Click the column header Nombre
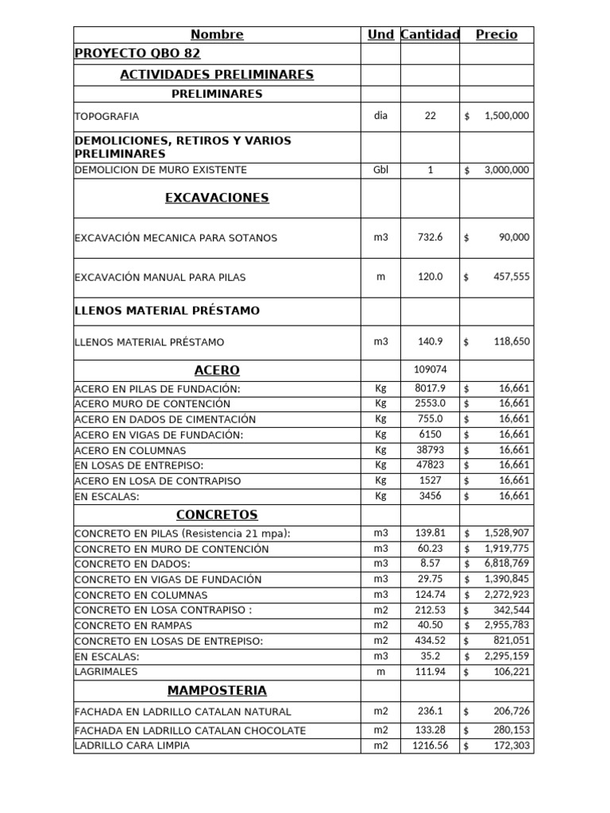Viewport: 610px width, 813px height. [217, 34]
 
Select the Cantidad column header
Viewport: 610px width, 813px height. [430, 34]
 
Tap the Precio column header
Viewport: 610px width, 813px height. [496, 34]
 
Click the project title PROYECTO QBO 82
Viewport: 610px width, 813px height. [137, 53]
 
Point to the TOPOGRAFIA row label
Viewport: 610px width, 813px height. [106, 116]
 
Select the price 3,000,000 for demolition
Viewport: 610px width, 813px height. [506, 170]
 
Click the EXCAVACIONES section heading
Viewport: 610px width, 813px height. [217, 198]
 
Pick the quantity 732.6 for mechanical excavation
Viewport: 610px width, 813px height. [430, 237]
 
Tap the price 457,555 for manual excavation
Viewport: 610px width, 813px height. [510, 277]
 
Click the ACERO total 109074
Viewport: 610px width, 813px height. [430, 369]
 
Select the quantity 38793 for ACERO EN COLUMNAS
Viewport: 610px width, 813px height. [430, 449]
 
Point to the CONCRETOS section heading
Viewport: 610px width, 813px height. [217, 514]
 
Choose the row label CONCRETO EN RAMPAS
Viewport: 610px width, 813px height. [135, 625]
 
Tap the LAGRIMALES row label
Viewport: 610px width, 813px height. [106, 671]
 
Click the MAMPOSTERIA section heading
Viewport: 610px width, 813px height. [217, 690]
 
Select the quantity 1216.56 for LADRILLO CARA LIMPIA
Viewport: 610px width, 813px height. [430, 746]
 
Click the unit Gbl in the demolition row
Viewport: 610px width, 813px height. [380, 170]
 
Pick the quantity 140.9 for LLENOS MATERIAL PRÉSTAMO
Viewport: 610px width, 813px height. [430, 342]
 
